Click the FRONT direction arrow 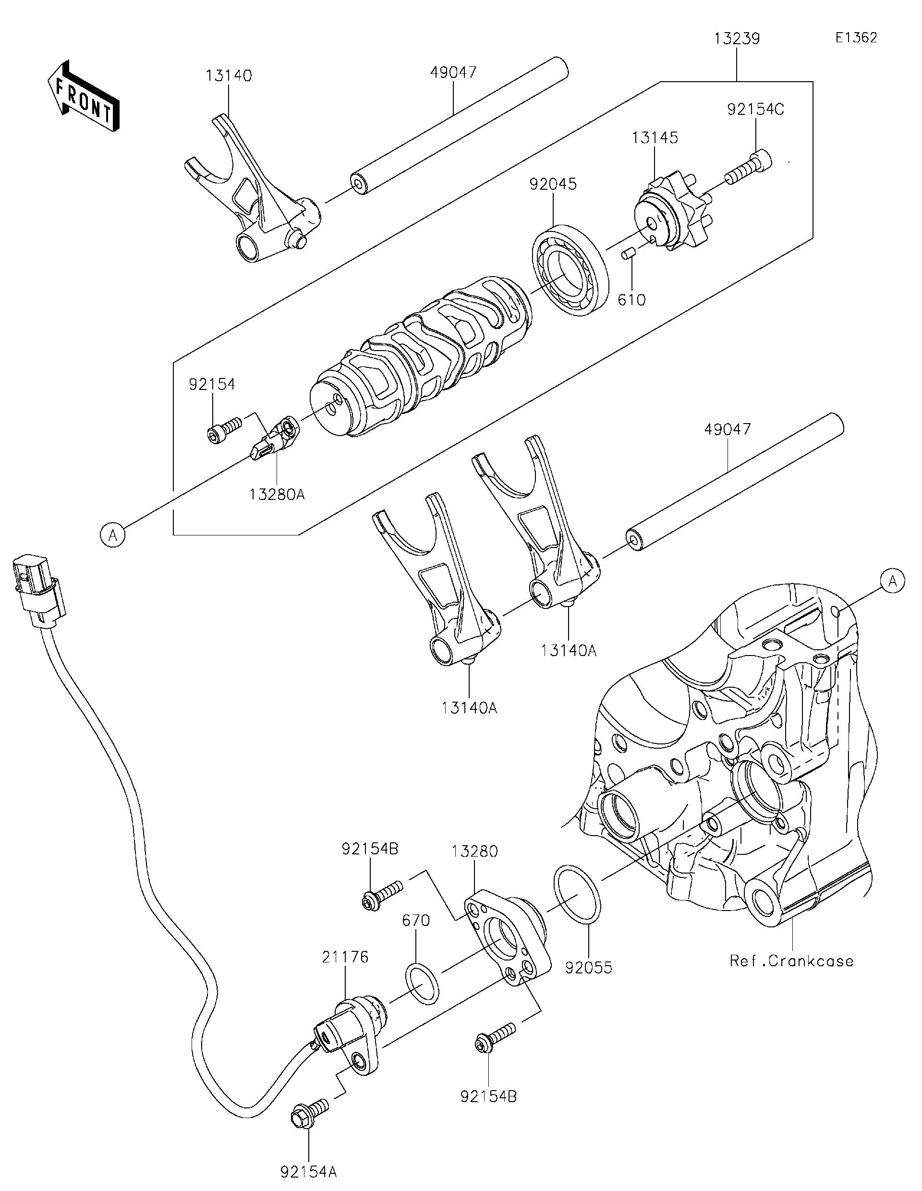[83, 96]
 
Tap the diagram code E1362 [855, 37]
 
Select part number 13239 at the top [737, 39]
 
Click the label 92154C [755, 109]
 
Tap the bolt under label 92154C [745, 170]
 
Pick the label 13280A [277, 495]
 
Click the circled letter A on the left [113, 535]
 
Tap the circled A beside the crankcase [892, 581]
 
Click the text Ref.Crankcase [791, 961]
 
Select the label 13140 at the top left [229, 76]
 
